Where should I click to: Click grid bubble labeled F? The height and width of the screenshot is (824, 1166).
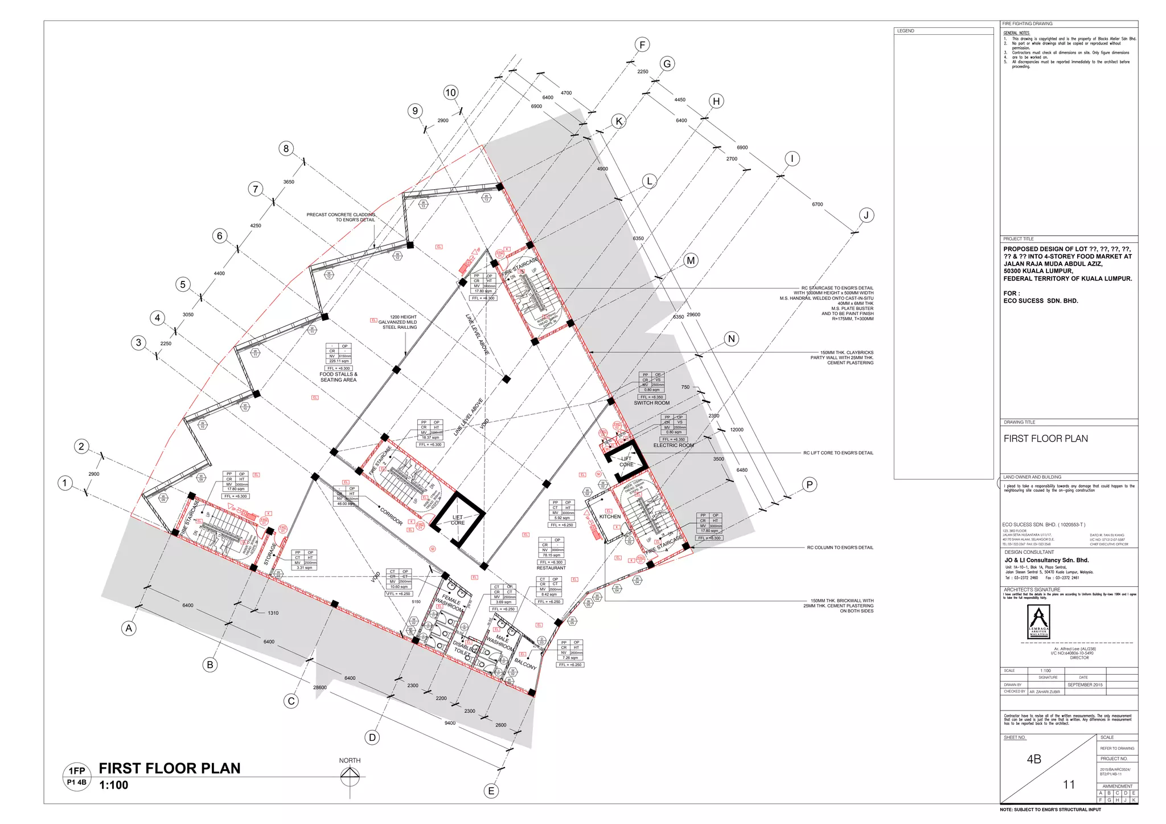click(x=642, y=44)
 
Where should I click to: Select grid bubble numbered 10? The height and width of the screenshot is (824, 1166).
click(x=451, y=92)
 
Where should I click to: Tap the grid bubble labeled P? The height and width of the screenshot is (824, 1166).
click(x=809, y=484)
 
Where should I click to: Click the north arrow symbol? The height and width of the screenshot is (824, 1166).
click(x=350, y=776)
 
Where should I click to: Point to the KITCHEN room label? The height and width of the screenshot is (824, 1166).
click(x=610, y=516)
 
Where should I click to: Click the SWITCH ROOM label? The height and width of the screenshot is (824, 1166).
click(x=651, y=403)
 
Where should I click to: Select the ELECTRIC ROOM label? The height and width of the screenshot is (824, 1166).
click(x=673, y=445)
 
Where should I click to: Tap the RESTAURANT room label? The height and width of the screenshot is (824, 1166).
click(x=551, y=568)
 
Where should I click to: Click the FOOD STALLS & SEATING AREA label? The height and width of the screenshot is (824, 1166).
click(x=338, y=377)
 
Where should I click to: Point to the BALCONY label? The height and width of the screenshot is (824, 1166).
click(x=525, y=664)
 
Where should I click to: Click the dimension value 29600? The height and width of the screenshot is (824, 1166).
click(x=693, y=315)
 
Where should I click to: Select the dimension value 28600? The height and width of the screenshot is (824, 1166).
click(x=320, y=687)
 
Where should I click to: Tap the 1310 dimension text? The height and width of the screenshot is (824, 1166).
click(x=273, y=613)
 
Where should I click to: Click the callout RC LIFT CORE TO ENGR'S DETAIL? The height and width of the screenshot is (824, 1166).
click(x=838, y=453)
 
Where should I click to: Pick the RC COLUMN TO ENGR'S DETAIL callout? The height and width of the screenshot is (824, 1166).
click(x=840, y=548)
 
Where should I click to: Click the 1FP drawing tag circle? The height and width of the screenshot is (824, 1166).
click(x=77, y=776)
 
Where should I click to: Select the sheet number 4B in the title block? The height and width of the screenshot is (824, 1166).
click(x=1034, y=759)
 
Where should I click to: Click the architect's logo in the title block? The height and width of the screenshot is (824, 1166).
click(x=1039, y=622)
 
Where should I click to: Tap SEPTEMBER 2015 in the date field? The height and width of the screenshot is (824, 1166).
click(x=1085, y=685)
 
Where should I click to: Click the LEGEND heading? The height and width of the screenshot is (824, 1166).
click(x=905, y=31)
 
